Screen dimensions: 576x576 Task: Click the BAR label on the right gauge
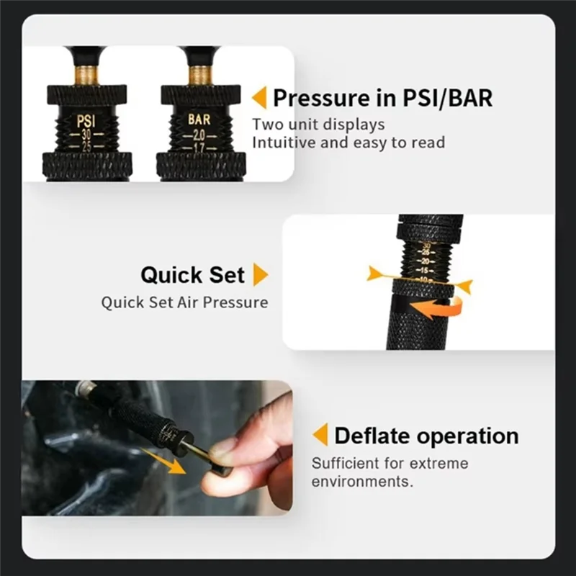(199, 118)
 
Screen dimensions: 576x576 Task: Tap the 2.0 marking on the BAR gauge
(199, 135)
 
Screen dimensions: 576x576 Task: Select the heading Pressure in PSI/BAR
(382, 97)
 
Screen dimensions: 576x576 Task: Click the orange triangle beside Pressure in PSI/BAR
(258, 97)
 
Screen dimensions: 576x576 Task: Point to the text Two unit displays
(318, 124)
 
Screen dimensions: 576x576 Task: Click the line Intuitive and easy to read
(348, 142)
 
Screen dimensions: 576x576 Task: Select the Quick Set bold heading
(192, 274)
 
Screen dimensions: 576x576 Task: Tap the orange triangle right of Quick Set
(260, 274)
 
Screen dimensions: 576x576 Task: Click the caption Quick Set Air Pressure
(184, 302)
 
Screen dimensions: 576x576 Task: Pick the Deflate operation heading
(426, 436)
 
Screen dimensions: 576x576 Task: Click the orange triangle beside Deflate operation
(320, 436)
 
